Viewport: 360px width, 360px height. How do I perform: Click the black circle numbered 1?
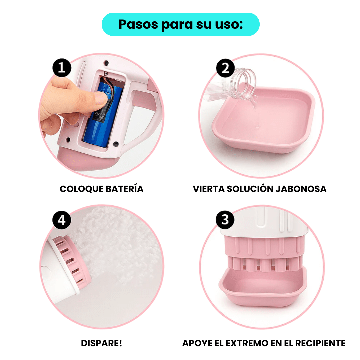[62, 68]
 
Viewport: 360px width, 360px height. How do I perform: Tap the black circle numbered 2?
[225, 68]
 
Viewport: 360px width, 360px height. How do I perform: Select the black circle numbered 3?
[225, 220]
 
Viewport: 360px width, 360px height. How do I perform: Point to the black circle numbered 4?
[62, 220]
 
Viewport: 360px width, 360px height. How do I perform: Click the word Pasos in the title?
[138, 24]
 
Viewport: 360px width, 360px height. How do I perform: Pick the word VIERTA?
[209, 189]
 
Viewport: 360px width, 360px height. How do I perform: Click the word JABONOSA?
[301, 189]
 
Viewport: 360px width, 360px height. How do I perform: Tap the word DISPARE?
[101, 343]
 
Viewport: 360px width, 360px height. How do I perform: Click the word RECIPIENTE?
[320, 343]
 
